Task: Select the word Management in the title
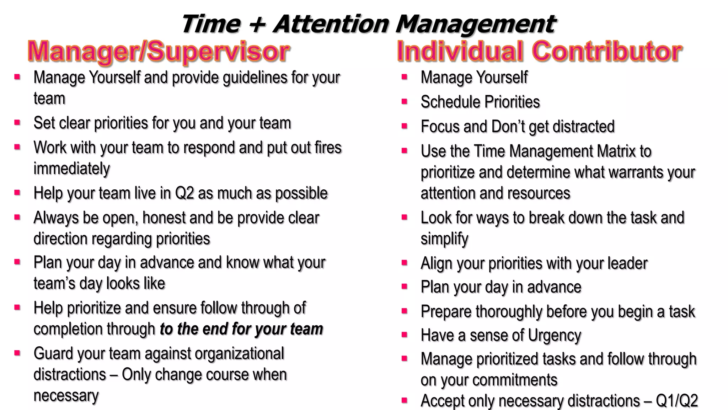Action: tap(475, 24)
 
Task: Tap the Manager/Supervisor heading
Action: tap(159, 52)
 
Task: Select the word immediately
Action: tap(71, 169)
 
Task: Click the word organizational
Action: tap(239, 354)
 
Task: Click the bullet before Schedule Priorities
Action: tap(404, 101)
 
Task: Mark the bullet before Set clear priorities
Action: tap(17, 122)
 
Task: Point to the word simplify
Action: tap(444, 239)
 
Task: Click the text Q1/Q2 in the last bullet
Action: tap(676, 401)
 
